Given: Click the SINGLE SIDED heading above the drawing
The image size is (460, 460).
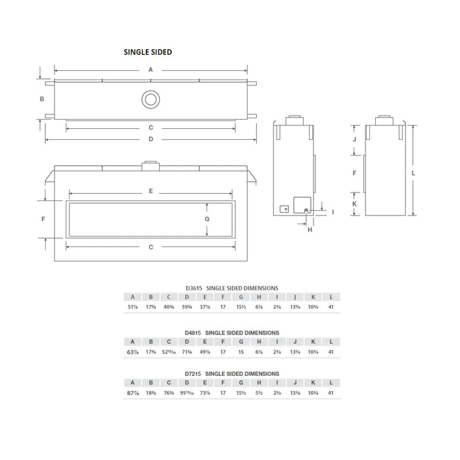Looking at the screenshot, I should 148,52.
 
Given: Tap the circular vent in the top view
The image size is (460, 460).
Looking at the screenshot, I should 150,100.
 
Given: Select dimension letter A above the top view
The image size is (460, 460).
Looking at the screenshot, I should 150,69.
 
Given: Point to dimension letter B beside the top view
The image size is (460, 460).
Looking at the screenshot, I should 41,99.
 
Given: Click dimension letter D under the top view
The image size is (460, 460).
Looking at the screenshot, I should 150,139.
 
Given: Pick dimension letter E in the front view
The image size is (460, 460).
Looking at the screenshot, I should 150,191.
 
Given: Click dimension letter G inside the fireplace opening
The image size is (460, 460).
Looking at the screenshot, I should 206,219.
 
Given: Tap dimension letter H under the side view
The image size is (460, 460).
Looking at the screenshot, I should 309,229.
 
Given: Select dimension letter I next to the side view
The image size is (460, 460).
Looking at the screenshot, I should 333,212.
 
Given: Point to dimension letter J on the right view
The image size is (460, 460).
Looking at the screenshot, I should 354,139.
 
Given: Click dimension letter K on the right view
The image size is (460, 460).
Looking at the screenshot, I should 354,204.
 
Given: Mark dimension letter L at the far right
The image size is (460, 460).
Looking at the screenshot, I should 413,172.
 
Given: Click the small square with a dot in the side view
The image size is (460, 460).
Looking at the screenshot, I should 284,209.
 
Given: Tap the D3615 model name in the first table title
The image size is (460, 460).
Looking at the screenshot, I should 195,288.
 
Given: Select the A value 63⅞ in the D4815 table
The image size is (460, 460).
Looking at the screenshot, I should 132,352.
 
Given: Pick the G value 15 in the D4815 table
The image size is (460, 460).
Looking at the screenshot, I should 241,352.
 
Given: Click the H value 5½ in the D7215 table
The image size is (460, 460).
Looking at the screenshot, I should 259,392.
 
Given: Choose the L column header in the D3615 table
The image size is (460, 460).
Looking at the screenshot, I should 331,296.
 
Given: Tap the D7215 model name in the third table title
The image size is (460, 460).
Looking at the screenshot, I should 195,373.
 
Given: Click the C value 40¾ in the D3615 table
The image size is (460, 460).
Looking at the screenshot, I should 169,307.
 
